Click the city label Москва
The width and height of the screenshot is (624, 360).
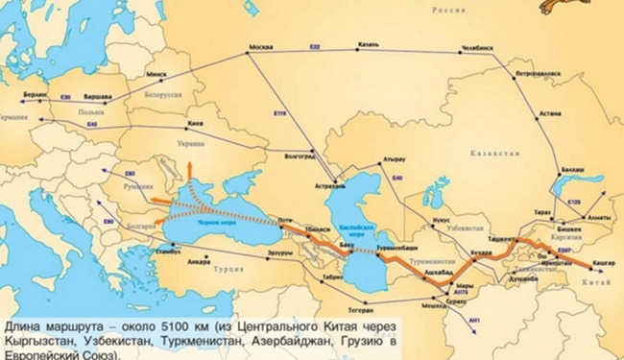[260, 47]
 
